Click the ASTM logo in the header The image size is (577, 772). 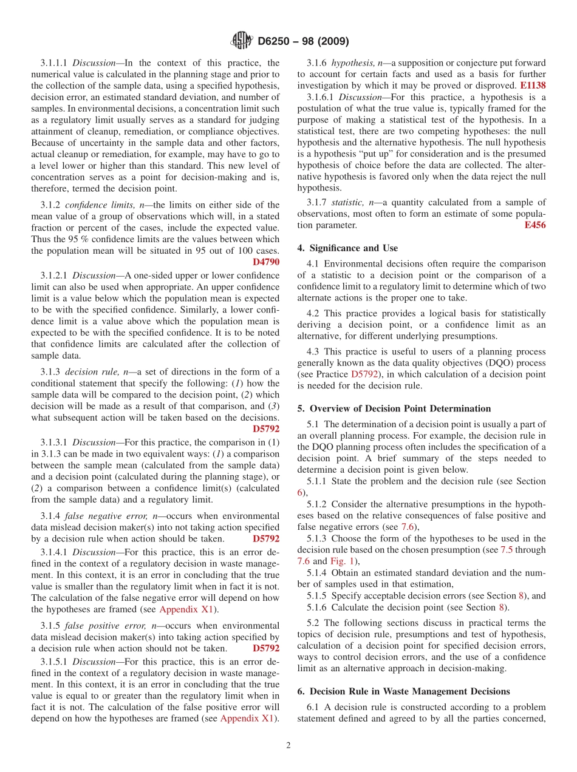click(x=241, y=41)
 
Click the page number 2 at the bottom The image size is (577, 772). click(x=288, y=745)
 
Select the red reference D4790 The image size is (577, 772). click(x=266, y=262)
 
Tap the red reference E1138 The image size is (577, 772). click(x=533, y=86)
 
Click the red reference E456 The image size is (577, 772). click(x=534, y=225)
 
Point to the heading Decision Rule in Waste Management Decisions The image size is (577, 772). click(x=403, y=691)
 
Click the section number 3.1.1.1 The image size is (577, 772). click(x=55, y=63)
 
